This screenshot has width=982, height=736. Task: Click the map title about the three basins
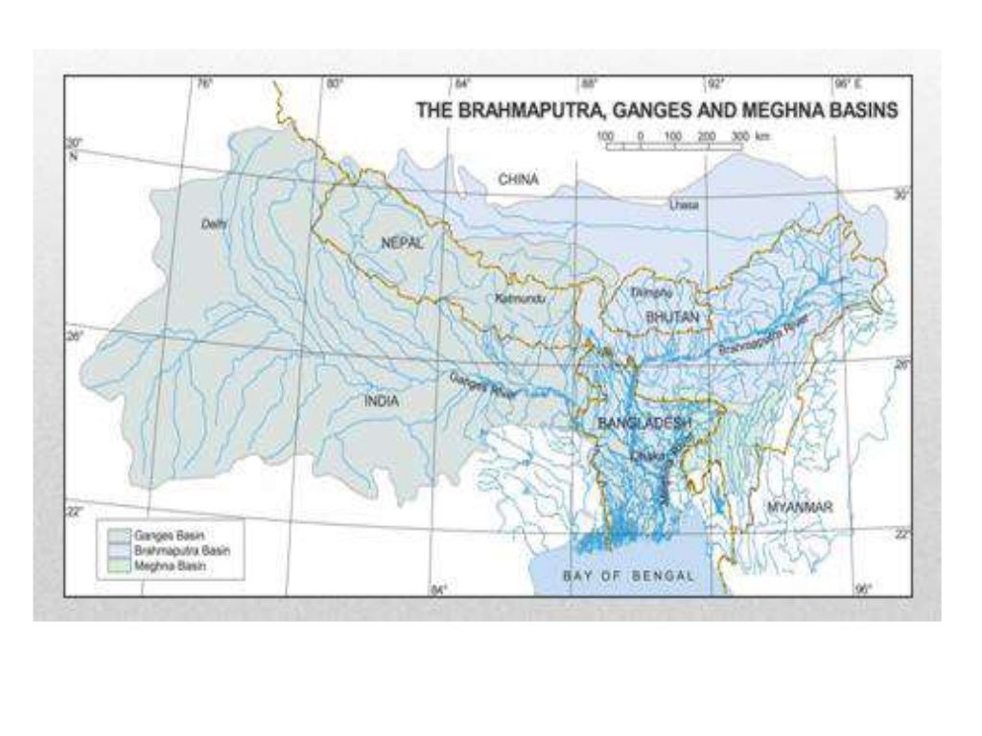(656, 111)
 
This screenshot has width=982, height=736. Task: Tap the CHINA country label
(518, 179)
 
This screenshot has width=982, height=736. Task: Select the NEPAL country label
(402, 243)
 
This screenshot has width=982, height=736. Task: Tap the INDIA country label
(381, 402)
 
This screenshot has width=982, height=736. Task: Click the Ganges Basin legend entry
(158, 533)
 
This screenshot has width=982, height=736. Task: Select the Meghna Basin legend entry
(158, 566)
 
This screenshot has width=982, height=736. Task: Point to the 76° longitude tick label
(204, 84)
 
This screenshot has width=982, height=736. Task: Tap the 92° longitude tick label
(713, 84)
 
